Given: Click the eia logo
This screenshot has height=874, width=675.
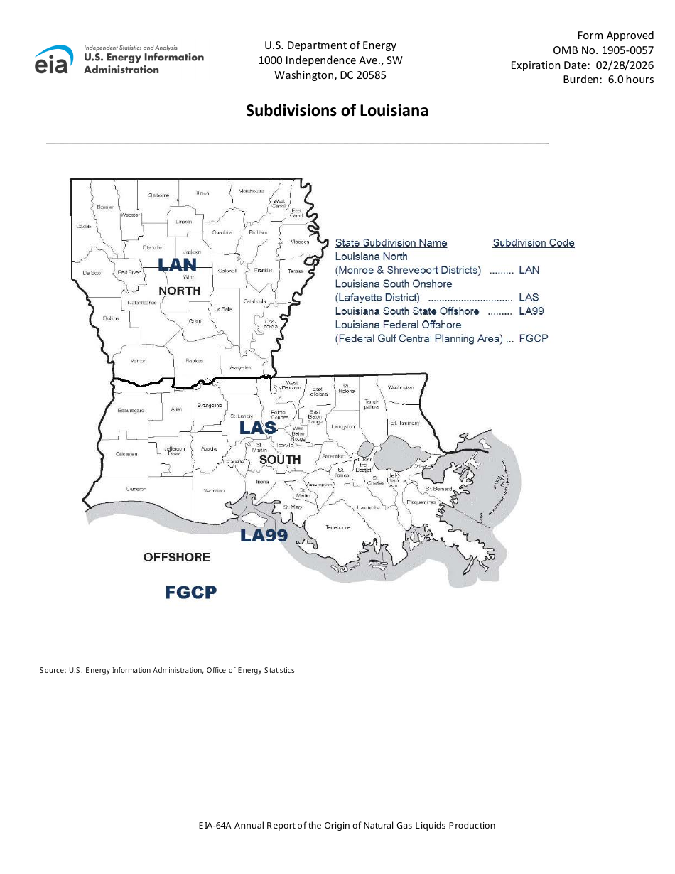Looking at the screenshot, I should click(54, 60).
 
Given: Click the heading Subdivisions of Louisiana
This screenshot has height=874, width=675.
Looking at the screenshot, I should click(337, 111).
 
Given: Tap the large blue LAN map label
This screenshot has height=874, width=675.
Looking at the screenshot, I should click(177, 265).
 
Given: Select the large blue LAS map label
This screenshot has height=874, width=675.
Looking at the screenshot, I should click(257, 428).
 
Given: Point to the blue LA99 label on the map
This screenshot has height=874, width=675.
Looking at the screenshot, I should click(264, 536).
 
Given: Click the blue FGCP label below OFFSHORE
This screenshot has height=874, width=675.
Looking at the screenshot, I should click(190, 592).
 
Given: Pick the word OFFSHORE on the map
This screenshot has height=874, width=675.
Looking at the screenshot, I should click(177, 557).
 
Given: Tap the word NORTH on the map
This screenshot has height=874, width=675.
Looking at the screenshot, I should click(179, 291).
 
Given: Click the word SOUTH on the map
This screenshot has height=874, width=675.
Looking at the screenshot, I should click(279, 460).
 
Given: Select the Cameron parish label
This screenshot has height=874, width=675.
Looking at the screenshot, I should click(136, 489).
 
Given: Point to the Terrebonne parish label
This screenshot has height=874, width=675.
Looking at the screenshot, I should click(338, 527).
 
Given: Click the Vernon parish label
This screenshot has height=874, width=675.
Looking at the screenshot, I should click(139, 361).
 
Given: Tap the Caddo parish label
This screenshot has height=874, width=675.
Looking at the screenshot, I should click(84, 227).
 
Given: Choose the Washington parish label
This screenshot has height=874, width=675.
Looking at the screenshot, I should click(401, 387).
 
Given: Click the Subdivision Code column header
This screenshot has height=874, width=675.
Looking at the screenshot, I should click(534, 243).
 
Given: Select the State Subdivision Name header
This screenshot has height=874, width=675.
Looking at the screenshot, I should click(391, 243).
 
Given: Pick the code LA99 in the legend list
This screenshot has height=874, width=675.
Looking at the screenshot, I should click(531, 311).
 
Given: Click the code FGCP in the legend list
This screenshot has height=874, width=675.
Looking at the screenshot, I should click(534, 338).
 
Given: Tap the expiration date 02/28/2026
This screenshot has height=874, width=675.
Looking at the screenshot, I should click(625, 65).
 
